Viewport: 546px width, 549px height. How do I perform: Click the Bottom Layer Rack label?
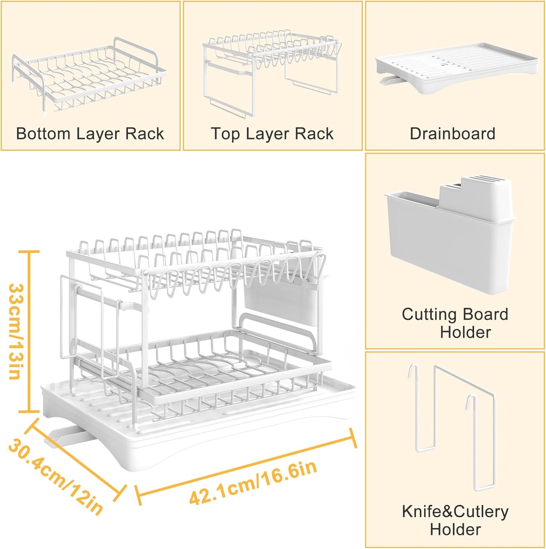point(90,134)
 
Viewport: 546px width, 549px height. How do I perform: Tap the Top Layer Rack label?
point(272,134)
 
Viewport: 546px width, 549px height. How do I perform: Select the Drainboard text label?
point(452,134)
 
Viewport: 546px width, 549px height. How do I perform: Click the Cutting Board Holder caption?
point(455,323)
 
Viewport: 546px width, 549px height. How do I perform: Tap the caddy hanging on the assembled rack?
point(280,302)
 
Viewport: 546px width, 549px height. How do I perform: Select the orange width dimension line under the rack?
point(246,467)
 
